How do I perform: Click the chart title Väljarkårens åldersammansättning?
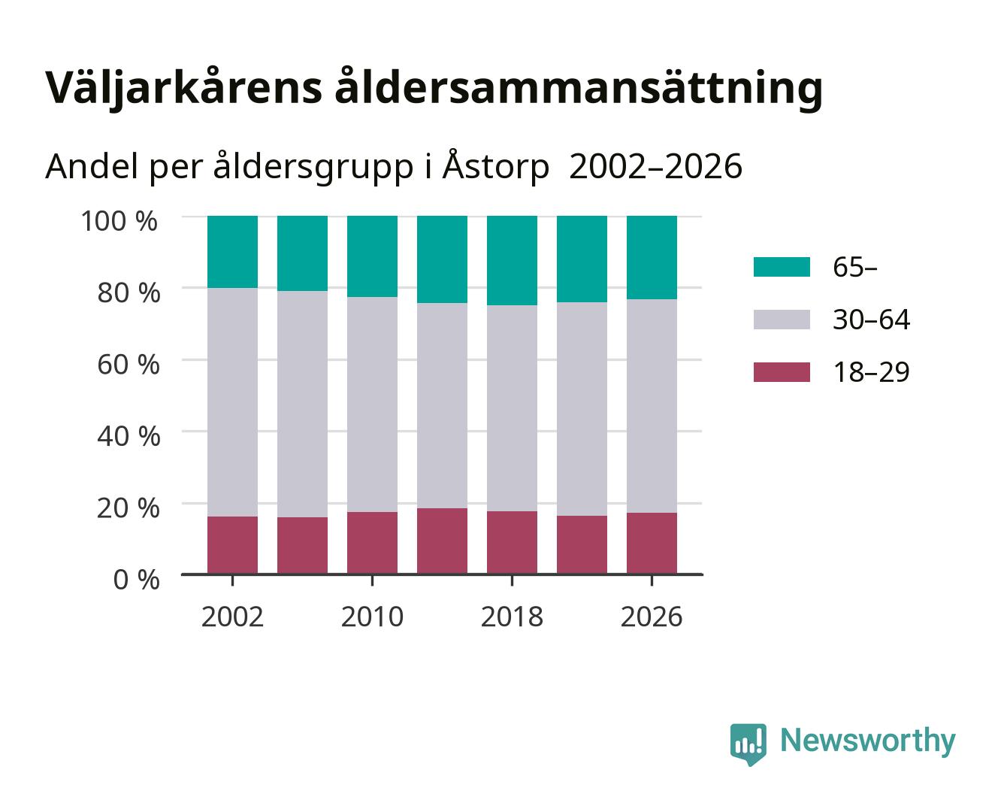[434, 89]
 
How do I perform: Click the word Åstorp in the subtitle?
[496, 166]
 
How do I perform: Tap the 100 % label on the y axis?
[119, 221]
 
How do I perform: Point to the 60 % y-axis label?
[129, 365]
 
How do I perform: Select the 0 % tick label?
[136, 580]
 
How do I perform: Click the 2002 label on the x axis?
[232, 617]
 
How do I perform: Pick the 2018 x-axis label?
[512, 617]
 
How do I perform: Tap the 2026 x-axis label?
[652, 617]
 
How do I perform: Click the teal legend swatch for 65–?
[782, 267]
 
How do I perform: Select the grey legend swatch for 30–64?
[782, 320]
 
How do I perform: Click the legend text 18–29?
[871, 372]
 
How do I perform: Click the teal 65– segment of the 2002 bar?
[232, 252]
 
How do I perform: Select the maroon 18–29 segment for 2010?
[373, 543]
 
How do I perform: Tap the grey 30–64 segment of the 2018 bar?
[512, 408]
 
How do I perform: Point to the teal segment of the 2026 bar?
[652, 257]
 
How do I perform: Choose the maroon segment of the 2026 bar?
[652, 544]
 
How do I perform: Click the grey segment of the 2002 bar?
[232, 402]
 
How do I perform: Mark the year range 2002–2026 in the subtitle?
[655, 166]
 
